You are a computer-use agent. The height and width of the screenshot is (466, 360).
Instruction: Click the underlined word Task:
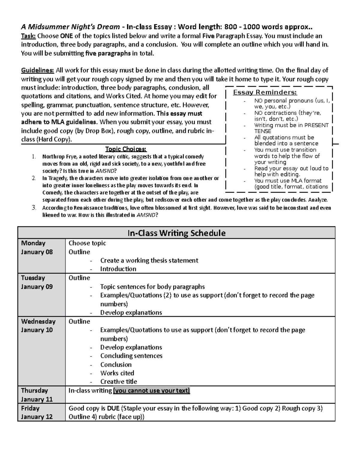28,36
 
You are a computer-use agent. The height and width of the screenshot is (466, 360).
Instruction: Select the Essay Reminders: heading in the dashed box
265,92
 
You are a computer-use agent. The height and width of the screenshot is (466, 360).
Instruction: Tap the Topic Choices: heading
126,149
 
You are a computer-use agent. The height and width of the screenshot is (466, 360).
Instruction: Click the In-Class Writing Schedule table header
176,233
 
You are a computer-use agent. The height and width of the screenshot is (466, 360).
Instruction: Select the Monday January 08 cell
37,248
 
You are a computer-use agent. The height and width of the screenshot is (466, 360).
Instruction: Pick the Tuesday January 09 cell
37,282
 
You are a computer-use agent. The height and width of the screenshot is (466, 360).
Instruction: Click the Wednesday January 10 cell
38,326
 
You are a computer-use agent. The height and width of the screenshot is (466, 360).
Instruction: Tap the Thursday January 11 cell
37,395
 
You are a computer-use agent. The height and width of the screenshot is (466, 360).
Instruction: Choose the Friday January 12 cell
37,413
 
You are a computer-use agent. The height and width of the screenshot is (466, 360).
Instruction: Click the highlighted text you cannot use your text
151,390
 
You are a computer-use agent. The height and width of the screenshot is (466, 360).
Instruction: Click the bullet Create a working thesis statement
149,260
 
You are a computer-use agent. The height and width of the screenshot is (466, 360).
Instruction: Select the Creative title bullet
118,382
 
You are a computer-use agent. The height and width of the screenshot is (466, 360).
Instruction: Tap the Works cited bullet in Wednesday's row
117,373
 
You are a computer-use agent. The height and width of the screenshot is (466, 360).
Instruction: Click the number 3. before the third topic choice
34,208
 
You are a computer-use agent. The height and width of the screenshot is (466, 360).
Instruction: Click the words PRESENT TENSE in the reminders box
291,128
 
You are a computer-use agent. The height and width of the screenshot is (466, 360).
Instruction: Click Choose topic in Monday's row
87,243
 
